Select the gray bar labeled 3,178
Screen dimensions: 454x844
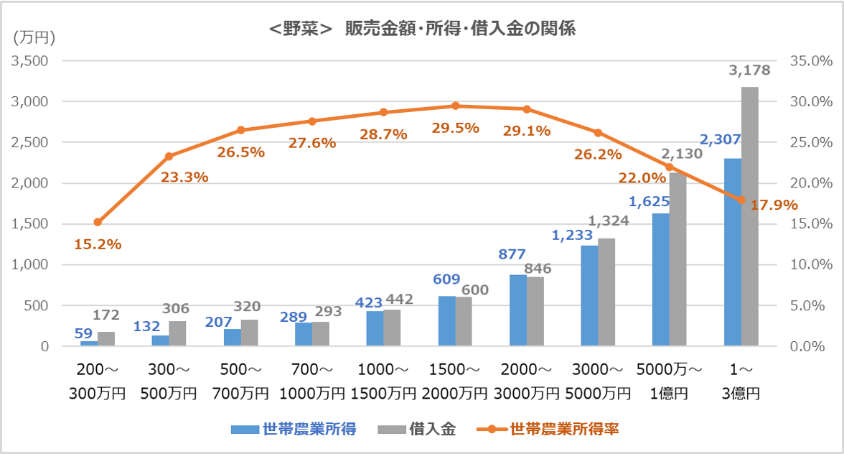(749, 216)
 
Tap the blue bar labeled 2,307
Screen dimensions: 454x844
(732, 251)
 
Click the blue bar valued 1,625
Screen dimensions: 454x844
(660, 280)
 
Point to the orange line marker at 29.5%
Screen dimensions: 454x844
(455, 106)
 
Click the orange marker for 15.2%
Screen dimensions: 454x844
(98, 222)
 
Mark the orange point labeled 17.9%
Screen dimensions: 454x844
(741, 200)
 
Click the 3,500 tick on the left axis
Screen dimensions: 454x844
(29, 61)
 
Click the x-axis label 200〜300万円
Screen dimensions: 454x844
(98, 382)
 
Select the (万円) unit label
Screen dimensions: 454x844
(34, 37)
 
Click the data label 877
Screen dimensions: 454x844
(512, 254)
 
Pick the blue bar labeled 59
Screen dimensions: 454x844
(89, 343)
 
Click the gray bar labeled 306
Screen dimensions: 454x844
(177, 333)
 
